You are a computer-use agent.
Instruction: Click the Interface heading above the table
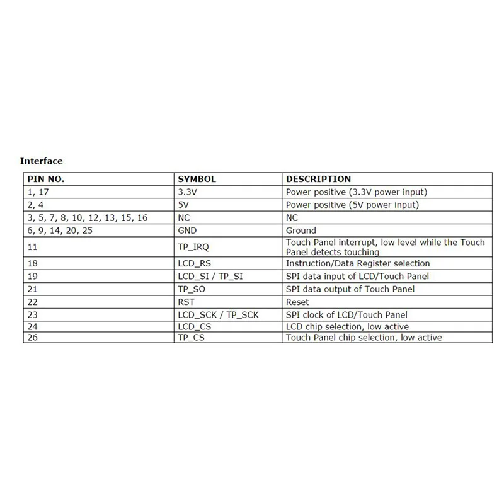pyautogui.click(x=42, y=161)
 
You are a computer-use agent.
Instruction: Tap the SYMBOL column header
pyautogui.click(x=197, y=179)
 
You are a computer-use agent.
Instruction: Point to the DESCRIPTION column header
pyautogui.click(x=318, y=179)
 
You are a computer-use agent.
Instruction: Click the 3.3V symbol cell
pyautogui.click(x=188, y=192)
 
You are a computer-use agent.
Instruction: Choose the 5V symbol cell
pyautogui.click(x=183, y=205)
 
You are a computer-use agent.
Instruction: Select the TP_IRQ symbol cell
pyautogui.click(x=192, y=247)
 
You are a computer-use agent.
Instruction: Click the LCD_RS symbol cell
pyautogui.click(x=193, y=263)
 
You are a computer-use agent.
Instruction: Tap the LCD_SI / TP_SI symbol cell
pyautogui.click(x=210, y=276)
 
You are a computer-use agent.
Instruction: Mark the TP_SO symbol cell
pyautogui.click(x=191, y=289)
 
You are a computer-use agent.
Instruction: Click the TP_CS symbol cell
pyautogui.click(x=190, y=338)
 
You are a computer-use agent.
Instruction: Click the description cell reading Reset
pyautogui.click(x=298, y=302)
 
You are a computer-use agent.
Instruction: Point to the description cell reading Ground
pyautogui.click(x=301, y=231)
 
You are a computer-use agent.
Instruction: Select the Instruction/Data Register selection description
pyautogui.click(x=358, y=263)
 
